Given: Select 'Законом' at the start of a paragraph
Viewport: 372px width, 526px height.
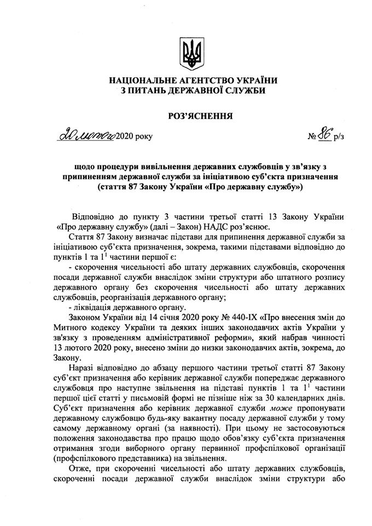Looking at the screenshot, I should [x=85, y=317].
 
